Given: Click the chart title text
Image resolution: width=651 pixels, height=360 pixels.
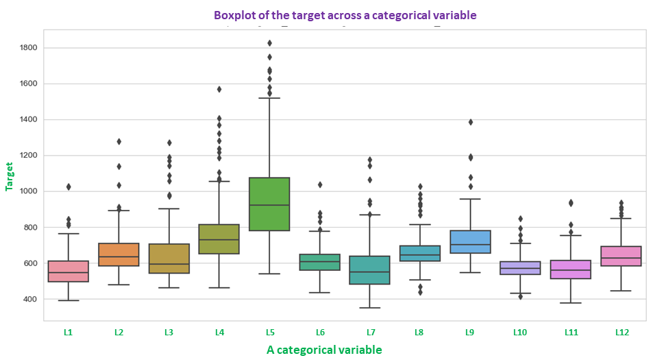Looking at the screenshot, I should pyautogui.click(x=345, y=14).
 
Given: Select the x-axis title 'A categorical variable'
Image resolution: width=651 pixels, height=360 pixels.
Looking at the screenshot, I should pyautogui.click(x=324, y=350).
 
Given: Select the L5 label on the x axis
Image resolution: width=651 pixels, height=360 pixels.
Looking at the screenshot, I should pyautogui.click(x=270, y=333).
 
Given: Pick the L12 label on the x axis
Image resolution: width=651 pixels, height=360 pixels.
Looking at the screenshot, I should pyautogui.click(x=622, y=333).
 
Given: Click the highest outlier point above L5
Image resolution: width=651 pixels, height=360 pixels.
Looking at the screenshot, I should pyautogui.click(x=270, y=43).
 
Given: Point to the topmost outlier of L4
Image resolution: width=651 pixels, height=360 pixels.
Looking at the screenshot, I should pyautogui.click(x=219, y=89).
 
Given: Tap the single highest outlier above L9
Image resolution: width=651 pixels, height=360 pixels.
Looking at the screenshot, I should pyautogui.click(x=471, y=122).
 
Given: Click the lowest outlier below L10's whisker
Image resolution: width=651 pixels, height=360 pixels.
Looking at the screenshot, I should pyautogui.click(x=521, y=296).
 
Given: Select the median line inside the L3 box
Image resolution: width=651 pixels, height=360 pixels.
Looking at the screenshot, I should pyautogui.click(x=169, y=264).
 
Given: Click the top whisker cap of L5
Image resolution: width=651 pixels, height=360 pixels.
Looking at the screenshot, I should pyautogui.click(x=270, y=98).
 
